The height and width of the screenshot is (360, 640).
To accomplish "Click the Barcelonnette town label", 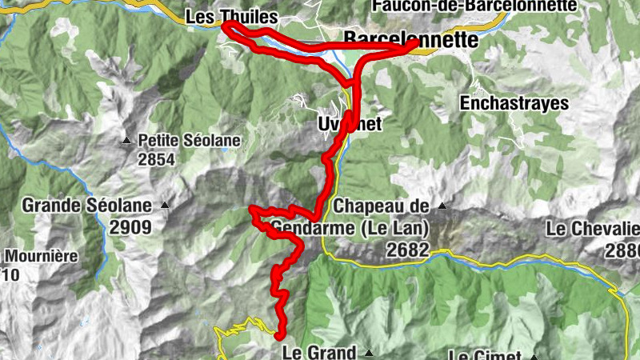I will (410, 39).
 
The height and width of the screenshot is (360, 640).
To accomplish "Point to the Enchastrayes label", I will (514, 103).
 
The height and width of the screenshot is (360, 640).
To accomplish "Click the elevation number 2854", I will (155, 159).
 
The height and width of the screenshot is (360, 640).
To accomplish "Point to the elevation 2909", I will (131, 226).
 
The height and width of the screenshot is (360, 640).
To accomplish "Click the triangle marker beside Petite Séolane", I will (126, 142).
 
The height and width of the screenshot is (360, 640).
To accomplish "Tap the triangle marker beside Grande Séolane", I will (165, 206).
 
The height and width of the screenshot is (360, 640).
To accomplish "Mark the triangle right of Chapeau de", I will (440, 206).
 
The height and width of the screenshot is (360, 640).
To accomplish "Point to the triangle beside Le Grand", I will (369, 352).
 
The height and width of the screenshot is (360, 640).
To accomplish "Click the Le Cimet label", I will (486, 355).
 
